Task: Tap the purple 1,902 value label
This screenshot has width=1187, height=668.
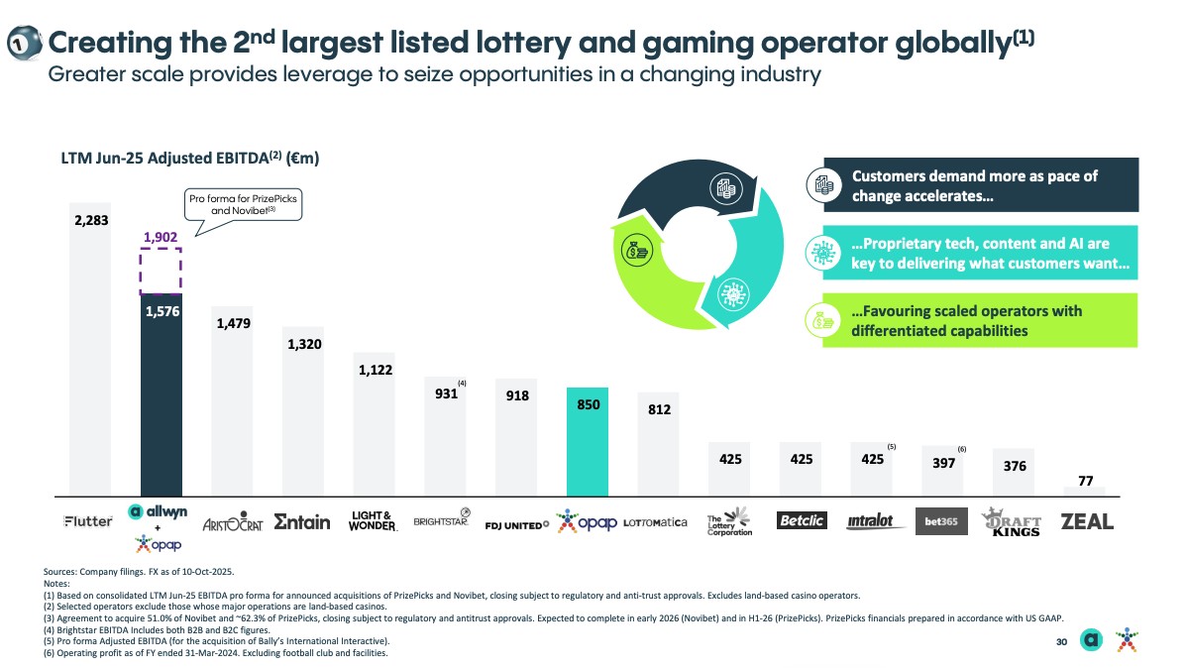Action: click(160, 238)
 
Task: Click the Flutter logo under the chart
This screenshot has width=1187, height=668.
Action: click(88, 521)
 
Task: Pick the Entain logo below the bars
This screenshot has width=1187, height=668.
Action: click(301, 522)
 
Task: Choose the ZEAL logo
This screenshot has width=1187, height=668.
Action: click(1086, 521)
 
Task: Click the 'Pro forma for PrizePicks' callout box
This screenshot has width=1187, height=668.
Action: click(243, 204)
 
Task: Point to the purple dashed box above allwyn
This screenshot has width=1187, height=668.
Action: click(161, 271)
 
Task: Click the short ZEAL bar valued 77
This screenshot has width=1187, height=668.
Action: click(1085, 490)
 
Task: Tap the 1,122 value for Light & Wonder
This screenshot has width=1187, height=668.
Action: click(374, 371)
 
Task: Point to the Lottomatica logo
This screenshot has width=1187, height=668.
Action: click(656, 522)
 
